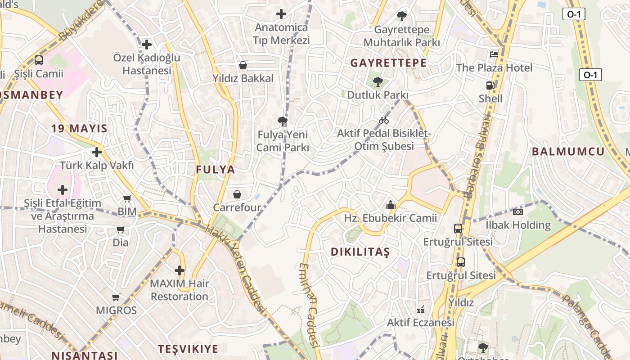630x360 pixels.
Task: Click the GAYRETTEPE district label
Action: (x=388, y=63)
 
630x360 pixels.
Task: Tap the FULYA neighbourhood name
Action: (x=216, y=170)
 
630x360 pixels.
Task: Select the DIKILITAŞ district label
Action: (x=360, y=252)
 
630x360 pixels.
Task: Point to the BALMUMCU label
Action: (x=568, y=151)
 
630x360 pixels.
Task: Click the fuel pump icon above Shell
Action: (x=490, y=85)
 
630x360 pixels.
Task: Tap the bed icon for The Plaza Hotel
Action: (x=494, y=54)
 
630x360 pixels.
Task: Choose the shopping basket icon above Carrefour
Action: (x=237, y=194)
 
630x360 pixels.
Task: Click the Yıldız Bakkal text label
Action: (x=243, y=78)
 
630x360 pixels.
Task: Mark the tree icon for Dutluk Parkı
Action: (x=378, y=81)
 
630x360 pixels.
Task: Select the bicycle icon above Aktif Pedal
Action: (x=384, y=120)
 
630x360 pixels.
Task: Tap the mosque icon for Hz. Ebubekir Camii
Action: (x=390, y=205)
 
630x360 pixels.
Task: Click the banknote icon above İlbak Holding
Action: (x=518, y=211)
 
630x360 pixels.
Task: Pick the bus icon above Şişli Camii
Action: (x=39, y=60)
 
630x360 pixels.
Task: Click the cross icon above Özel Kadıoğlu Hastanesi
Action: (x=146, y=45)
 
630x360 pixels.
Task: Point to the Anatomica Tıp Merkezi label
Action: (x=281, y=34)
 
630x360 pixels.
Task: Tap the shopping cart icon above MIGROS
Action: (x=116, y=297)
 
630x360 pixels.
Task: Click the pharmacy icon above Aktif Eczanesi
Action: (x=421, y=309)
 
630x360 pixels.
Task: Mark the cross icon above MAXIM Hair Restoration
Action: (x=180, y=270)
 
